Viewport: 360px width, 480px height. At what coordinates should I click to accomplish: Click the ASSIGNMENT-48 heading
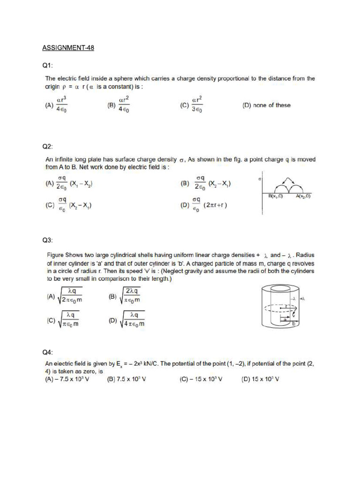tap(68, 48)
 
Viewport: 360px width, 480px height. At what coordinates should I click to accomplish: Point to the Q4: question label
tap(48, 352)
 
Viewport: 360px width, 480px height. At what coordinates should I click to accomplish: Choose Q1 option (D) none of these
tap(266, 105)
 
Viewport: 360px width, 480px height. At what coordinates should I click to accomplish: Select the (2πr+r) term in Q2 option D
tap(215, 205)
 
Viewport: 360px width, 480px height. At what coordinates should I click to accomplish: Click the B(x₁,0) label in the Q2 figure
tap(276, 195)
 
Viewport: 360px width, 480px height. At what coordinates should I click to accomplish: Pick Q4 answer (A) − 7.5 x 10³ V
tap(68, 379)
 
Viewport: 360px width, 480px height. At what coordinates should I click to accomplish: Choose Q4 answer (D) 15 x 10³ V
tap(260, 379)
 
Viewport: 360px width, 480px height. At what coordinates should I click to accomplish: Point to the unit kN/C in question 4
tap(144, 363)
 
